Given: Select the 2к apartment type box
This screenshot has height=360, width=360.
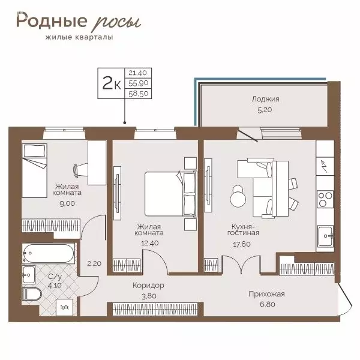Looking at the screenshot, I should tap(110, 83).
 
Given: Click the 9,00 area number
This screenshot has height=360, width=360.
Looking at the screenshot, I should tap(65, 203).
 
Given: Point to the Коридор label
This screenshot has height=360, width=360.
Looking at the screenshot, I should tap(148, 286).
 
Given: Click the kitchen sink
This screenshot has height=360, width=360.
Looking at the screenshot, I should tap(327, 235).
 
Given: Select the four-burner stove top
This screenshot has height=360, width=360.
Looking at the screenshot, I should tap(326, 199).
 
